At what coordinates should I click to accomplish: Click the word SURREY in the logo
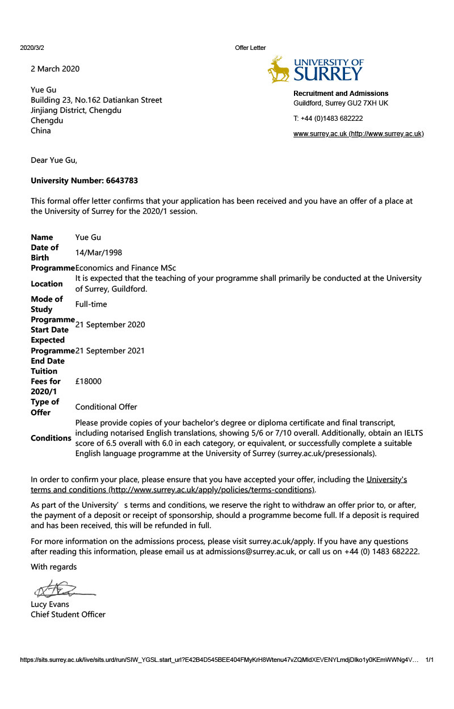click(x=328, y=74)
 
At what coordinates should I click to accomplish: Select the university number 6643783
click(x=122, y=181)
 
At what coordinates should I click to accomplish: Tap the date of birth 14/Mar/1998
click(x=98, y=252)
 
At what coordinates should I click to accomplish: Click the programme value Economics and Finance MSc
click(x=129, y=268)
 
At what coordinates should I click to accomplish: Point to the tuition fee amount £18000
click(x=89, y=381)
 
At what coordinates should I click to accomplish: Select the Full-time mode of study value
click(x=91, y=304)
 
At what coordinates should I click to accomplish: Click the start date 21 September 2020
click(x=110, y=324)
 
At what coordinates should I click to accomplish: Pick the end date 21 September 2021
click(x=110, y=351)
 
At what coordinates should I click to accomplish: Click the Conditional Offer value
click(x=106, y=407)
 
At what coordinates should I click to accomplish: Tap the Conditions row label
click(x=51, y=438)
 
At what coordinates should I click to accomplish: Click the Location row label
click(x=47, y=284)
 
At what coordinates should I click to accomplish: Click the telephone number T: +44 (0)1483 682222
click(x=328, y=119)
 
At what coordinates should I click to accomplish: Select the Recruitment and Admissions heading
click(x=340, y=93)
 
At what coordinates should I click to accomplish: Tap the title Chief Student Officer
click(x=68, y=614)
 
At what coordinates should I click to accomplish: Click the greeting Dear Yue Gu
click(x=54, y=160)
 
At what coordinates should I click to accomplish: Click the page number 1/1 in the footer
click(x=430, y=660)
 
